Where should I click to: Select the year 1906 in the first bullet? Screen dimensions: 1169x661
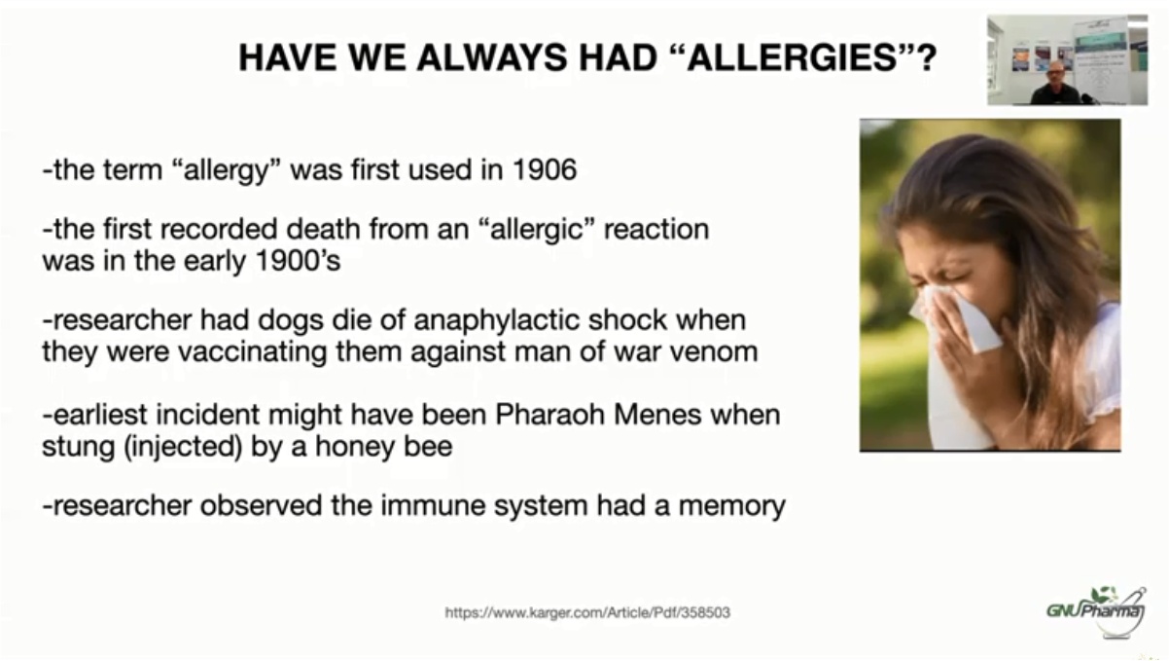point(545,169)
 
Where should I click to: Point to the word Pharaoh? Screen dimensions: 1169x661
point(549,415)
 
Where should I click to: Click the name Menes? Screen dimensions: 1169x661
point(657,415)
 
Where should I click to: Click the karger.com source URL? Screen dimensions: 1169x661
point(587,612)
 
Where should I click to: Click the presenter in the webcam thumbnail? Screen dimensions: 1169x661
point(1056,84)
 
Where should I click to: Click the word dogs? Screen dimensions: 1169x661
point(290,320)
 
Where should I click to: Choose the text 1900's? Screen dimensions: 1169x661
point(298,260)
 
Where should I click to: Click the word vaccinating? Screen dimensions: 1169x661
point(253,351)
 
